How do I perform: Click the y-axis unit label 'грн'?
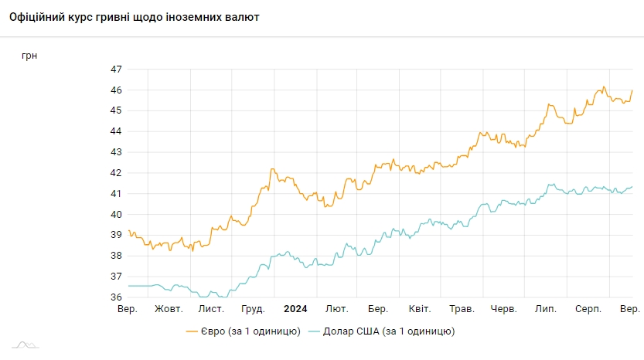tap(29, 55)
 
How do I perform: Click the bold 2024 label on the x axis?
tap(295, 309)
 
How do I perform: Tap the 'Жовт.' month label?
tap(169, 309)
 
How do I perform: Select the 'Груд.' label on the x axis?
tap(253, 309)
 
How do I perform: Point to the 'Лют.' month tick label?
tap(336, 309)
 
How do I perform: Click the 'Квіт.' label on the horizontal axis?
tap(420, 309)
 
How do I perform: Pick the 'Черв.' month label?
tap(503, 309)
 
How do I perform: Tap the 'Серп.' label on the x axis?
tap(588, 309)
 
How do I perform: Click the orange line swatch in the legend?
tap(193, 331)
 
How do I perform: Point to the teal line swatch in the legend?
tap(314, 331)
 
